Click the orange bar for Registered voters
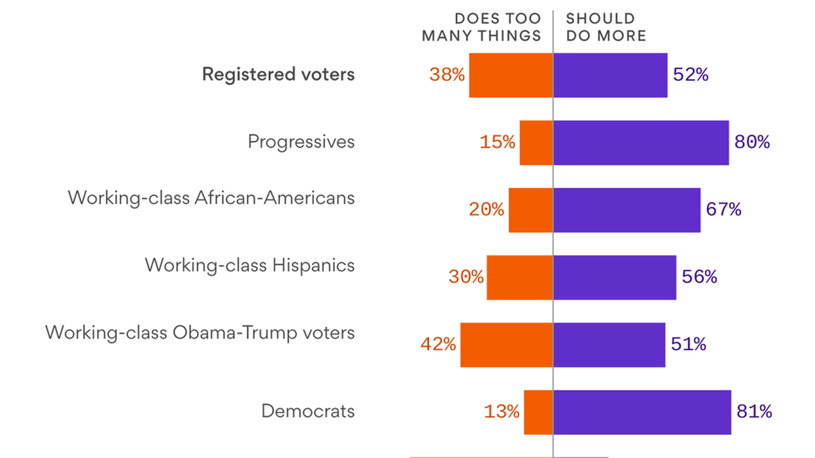pyautogui.click(x=511, y=75)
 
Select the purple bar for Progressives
pyautogui.click(x=641, y=142)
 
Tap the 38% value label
pyautogui.click(x=447, y=75)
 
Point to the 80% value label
pyautogui.click(x=752, y=142)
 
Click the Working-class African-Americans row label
pyautogui.click(x=211, y=198)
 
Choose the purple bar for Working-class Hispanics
pyautogui.click(x=615, y=277)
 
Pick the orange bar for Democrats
pyautogui.click(x=538, y=412)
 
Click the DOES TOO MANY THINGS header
pyautogui.click(x=481, y=27)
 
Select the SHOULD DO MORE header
pyautogui.click(x=606, y=27)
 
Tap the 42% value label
pyautogui.click(x=438, y=344)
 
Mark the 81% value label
pyautogui.click(x=754, y=412)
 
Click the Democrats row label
pyautogui.click(x=308, y=411)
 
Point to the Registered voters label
pyautogui.click(x=278, y=75)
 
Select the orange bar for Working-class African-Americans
pyautogui.click(x=531, y=210)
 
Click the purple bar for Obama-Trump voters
pyautogui.click(x=609, y=345)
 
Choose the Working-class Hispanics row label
pyautogui.click(x=250, y=265)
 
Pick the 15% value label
pyautogui.click(x=497, y=142)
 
